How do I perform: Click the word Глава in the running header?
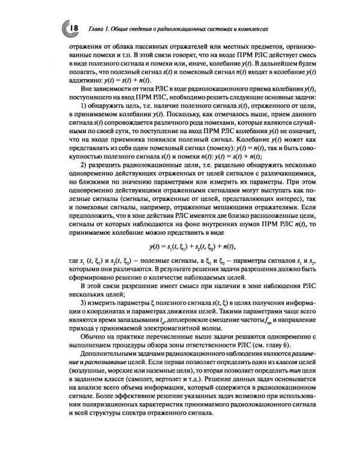(98, 28)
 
